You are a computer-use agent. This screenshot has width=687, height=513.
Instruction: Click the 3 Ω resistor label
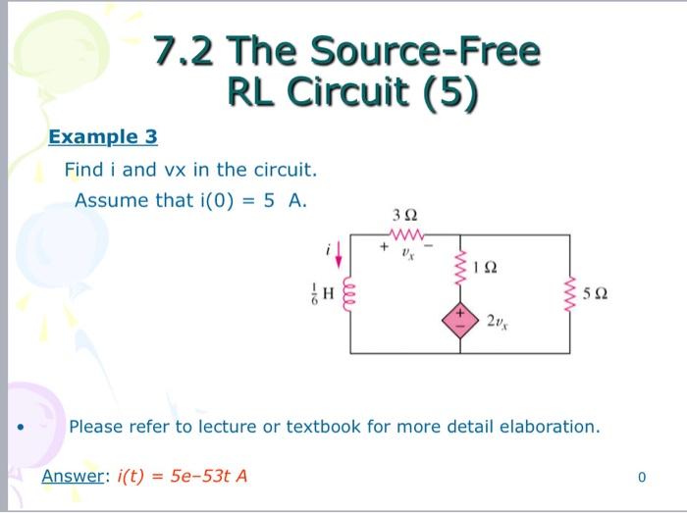click(404, 215)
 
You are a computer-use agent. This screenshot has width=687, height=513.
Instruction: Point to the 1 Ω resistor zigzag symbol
click(459, 268)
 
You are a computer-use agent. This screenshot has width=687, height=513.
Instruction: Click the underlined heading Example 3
click(103, 136)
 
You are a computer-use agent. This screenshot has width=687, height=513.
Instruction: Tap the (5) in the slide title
click(449, 92)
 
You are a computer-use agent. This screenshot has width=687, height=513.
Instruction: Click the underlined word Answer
click(72, 477)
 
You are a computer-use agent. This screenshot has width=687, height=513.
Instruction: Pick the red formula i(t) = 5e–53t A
click(182, 477)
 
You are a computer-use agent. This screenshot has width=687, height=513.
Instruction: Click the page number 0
click(642, 478)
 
